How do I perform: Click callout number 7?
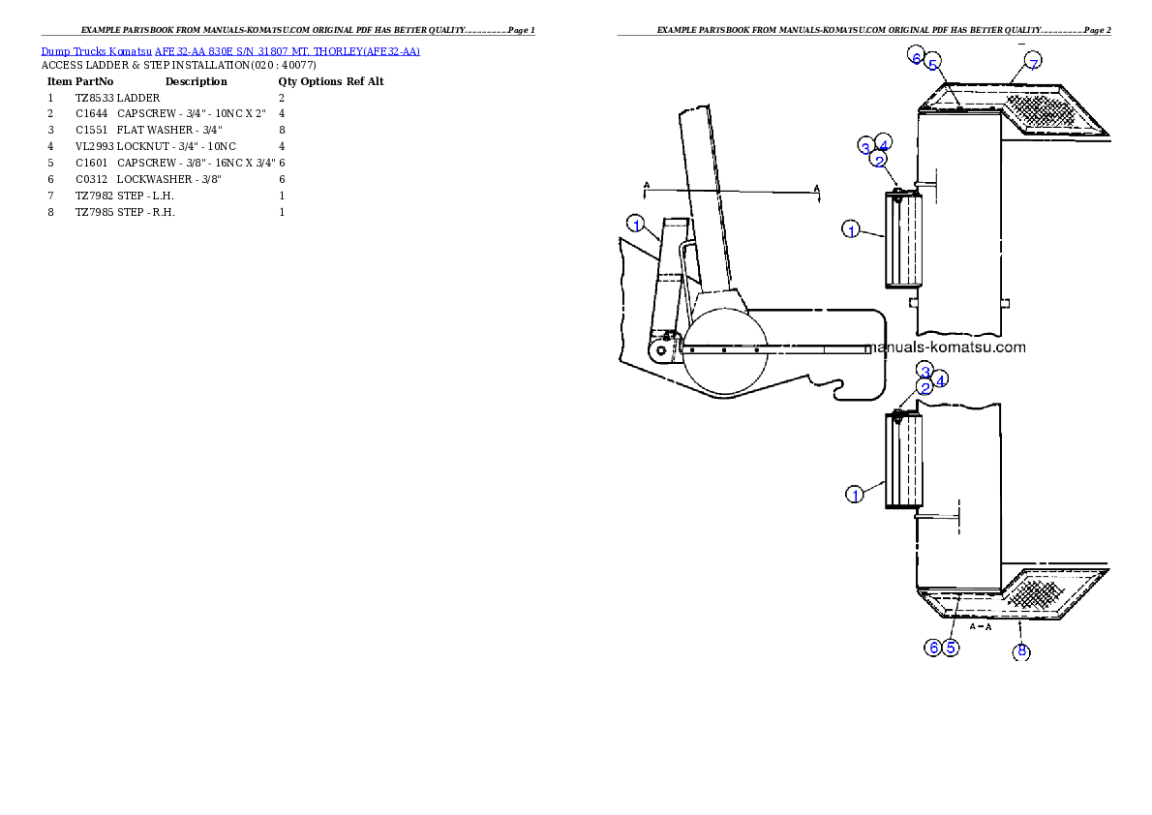(1033, 64)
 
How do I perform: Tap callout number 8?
(1022, 651)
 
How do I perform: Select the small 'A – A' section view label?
(982, 627)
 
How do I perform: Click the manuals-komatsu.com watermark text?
(945, 347)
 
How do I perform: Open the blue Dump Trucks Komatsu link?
(230, 50)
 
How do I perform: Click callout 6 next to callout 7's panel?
(916, 56)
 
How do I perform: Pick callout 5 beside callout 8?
(952, 648)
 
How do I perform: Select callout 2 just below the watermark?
(925, 387)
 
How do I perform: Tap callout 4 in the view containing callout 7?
(883, 143)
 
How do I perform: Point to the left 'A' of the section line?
(646, 183)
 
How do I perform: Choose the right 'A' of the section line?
(817, 188)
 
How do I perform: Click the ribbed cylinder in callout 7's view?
(902, 239)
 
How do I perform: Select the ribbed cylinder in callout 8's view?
(902, 460)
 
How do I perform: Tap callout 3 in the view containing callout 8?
(925, 372)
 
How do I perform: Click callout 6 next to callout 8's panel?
(933, 648)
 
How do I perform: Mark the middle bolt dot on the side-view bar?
(724, 350)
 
